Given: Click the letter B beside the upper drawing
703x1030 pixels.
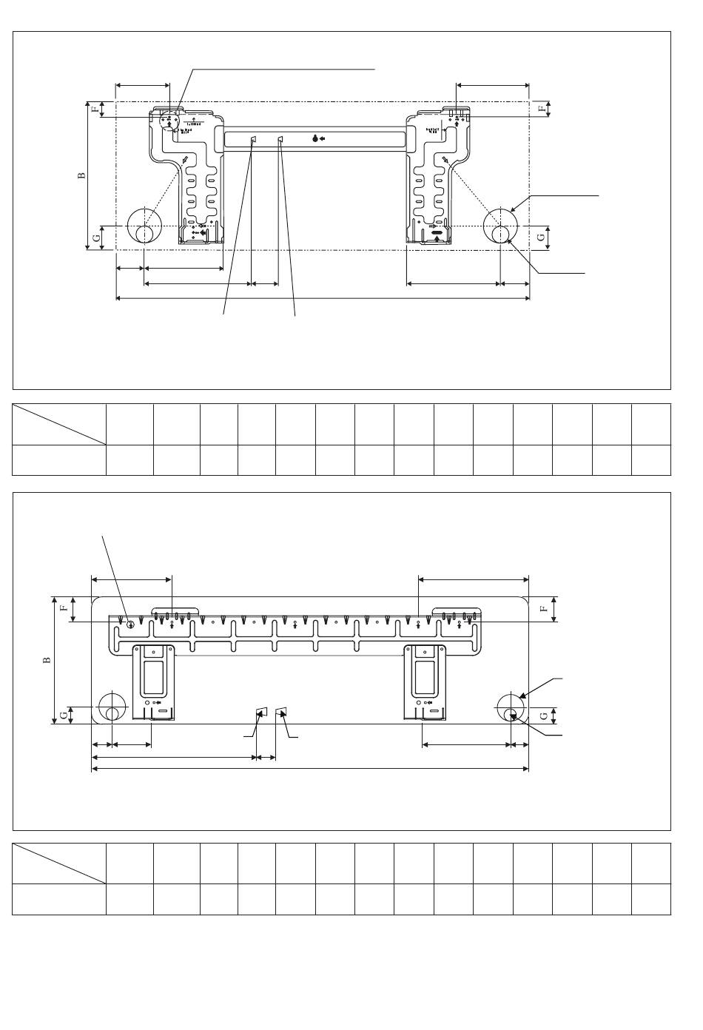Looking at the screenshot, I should point(82,175).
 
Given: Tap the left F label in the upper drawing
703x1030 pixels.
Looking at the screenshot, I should point(95,109).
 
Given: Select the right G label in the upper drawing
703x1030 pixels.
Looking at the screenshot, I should point(540,238).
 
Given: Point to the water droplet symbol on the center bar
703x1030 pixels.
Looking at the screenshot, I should point(315,138).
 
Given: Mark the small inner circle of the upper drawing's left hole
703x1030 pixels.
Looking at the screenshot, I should point(145,235).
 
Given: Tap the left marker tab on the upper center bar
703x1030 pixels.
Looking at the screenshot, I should point(252,140).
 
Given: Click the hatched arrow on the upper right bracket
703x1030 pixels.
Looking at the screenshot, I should point(445,160).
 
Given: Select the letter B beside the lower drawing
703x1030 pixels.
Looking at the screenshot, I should point(47,659).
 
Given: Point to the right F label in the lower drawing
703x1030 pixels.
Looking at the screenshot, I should point(543,608).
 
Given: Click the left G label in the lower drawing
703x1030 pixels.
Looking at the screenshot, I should point(64,715).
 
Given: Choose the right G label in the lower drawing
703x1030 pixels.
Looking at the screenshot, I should point(545,716).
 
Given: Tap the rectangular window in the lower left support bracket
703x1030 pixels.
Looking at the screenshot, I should point(154,677).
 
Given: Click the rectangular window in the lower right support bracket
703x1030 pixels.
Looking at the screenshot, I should point(425,677).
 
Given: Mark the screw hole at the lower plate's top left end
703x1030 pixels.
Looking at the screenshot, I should point(130,624).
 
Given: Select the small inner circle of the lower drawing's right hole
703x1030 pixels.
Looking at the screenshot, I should point(512,713).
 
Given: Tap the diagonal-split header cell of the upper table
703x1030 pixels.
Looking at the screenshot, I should point(58,424).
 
